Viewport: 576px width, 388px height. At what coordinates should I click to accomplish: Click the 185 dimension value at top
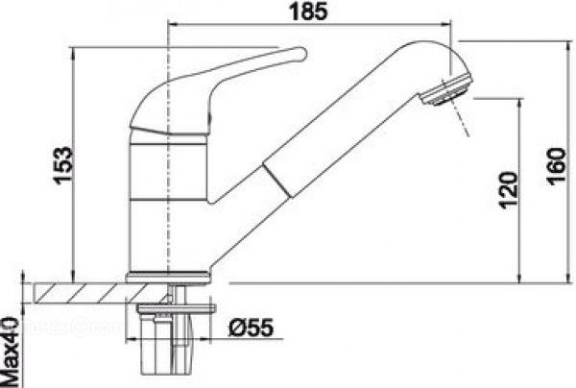pos(308,12)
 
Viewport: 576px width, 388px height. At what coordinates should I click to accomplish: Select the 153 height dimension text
pos(62,165)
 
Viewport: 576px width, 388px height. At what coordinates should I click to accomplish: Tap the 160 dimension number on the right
pos(556,166)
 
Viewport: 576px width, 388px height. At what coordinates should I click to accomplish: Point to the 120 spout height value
pos(509,190)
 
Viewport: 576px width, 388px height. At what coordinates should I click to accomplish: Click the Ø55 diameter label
pos(252,327)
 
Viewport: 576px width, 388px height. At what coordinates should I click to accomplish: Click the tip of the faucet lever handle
pos(304,53)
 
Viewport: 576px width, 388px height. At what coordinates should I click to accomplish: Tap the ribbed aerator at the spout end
pos(447,90)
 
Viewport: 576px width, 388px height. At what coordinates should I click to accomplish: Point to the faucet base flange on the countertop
pos(168,277)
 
